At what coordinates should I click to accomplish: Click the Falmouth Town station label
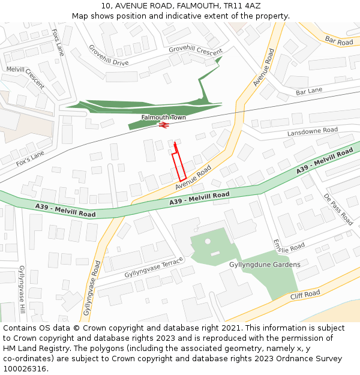163,117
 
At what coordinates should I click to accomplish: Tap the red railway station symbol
163,125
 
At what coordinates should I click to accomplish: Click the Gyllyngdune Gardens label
265,265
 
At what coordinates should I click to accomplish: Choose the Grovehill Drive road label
109,55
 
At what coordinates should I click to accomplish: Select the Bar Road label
339,41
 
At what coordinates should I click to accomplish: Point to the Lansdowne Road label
312,131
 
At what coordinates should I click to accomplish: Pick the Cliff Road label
305,295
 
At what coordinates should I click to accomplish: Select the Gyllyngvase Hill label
22,291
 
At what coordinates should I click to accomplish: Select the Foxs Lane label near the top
58,42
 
